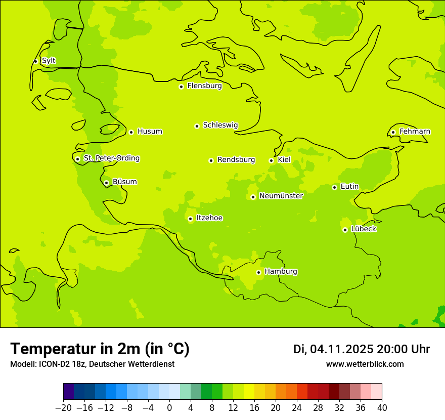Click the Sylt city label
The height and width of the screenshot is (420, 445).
(49, 61)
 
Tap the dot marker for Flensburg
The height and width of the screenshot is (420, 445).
(181, 87)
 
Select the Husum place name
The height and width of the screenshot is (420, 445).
(150, 132)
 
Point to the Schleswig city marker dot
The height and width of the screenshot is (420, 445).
(197, 126)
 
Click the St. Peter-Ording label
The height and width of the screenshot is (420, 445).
(111, 158)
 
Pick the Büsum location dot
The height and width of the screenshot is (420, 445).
(106, 183)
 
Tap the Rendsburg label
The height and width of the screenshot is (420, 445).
(236, 160)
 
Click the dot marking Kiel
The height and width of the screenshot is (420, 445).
(271, 161)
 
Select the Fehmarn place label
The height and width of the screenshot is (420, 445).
(415, 132)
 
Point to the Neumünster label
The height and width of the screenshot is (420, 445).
(281, 196)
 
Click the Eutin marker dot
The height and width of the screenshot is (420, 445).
(334, 187)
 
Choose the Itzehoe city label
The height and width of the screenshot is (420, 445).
(209, 218)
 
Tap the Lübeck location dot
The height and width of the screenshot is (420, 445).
(345, 230)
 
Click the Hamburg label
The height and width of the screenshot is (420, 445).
(281, 272)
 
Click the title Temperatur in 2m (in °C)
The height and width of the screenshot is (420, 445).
(100, 349)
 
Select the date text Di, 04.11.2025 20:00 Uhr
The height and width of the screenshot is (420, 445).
(362, 349)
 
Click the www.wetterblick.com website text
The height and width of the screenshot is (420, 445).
(365, 364)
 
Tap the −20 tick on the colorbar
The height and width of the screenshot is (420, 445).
(63, 408)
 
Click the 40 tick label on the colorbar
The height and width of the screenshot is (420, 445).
(382, 408)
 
